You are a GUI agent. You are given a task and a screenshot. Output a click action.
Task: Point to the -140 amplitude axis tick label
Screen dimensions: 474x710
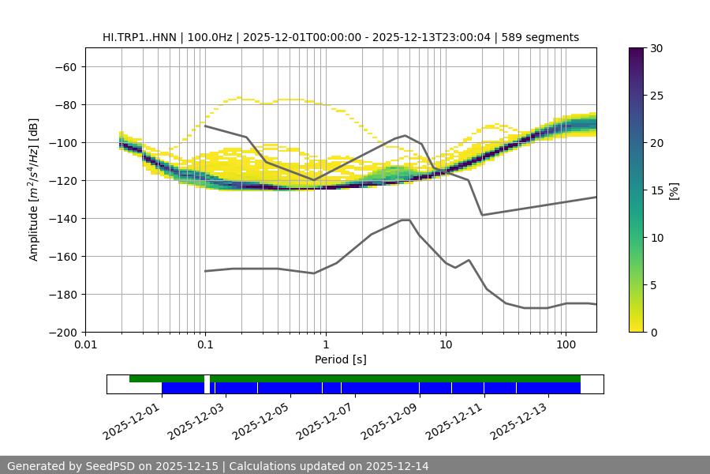click(x=62, y=218)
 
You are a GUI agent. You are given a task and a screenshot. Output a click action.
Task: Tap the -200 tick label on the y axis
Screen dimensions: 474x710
click(x=62, y=332)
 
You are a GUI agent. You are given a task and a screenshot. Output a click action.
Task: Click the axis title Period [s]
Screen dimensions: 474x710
click(x=340, y=359)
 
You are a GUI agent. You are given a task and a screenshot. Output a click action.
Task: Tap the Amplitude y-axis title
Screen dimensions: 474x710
click(x=34, y=190)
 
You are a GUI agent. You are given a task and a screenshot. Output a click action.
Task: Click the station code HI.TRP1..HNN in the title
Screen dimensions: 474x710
click(x=140, y=37)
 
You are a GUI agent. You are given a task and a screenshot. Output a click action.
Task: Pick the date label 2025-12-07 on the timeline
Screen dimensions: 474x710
click(x=325, y=419)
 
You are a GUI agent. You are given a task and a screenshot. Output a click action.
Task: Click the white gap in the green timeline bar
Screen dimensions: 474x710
click(x=207, y=378)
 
